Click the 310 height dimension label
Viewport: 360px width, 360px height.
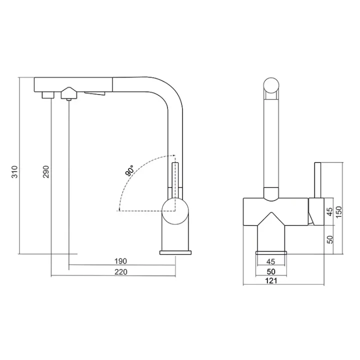pos(14,171)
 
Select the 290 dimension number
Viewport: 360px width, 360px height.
pos(46,171)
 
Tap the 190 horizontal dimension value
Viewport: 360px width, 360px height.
pos(121,261)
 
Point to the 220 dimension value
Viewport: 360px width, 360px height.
pos(121,272)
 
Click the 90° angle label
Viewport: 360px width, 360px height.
pos(129,170)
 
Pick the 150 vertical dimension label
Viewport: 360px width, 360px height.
pos(338,212)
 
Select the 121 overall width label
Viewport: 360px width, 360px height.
pos(271,280)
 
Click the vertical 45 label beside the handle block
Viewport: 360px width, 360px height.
pos(329,211)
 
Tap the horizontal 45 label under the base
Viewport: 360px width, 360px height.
pos(271,261)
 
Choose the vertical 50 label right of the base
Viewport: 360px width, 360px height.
pos(329,239)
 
